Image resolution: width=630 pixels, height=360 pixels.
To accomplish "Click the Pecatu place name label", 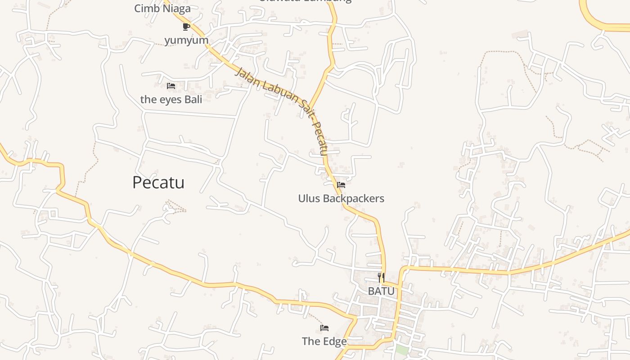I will pyautogui.click(x=158, y=182).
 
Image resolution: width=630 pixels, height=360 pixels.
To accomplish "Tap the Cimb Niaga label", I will pyautogui.click(x=162, y=8).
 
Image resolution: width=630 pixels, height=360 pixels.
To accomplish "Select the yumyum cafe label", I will pyautogui.click(x=186, y=40).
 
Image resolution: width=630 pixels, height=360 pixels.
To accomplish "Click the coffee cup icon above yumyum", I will pyautogui.click(x=186, y=27).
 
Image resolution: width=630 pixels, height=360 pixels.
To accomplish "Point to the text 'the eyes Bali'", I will pyautogui.click(x=171, y=99).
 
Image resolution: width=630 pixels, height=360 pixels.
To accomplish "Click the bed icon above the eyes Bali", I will pyautogui.click(x=171, y=85).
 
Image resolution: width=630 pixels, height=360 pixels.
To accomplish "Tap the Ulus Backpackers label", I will pyautogui.click(x=341, y=198).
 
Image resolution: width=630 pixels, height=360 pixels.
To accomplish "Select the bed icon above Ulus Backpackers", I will pyautogui.click(x=341, y=184).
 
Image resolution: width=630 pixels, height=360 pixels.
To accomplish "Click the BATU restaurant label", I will pyautogui.click(x=381, y=291).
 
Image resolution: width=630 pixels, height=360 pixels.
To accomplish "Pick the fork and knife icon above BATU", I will pyautogui.click(x=381, y=277).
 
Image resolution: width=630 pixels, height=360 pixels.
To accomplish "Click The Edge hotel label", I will pyautogui.click(x=324, y=342).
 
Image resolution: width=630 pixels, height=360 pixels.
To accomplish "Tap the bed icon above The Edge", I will pyautogui.click(x=324, y=328).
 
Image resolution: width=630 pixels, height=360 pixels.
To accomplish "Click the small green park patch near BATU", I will pyautogui.click(x=402, y=350).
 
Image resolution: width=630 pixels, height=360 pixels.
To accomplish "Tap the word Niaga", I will pyautogui.click(x=177, y=8).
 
